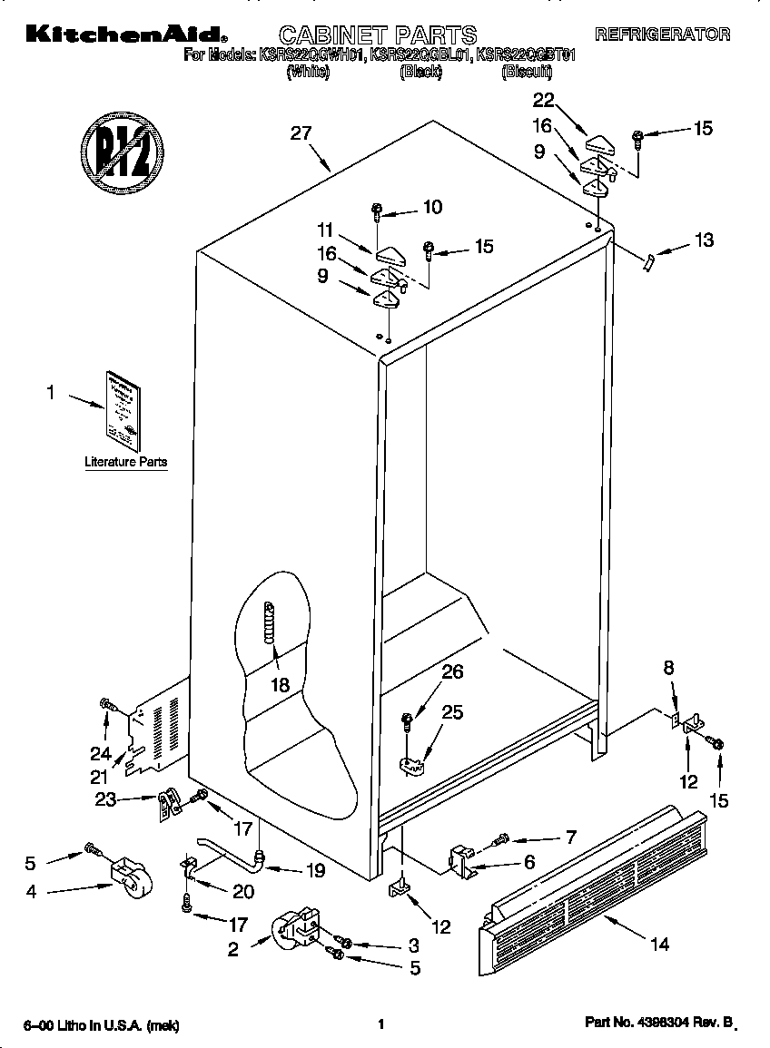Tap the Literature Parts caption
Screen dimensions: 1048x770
tap(125, 462)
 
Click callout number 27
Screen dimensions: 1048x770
tap(301, 133)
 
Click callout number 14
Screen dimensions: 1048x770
tap(659, 945)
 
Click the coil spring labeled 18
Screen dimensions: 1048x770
tap(269, 623)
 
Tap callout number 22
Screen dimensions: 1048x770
tap(544, 100)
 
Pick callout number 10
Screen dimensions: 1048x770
tap(432, 207)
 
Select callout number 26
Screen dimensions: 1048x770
tap(451, 672)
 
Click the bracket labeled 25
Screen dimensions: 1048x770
tap(413, 765)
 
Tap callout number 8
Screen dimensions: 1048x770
tap(669, 668)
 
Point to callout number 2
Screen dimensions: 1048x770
tap(233, 949)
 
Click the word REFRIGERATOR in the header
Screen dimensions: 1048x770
tap(662, 34)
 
